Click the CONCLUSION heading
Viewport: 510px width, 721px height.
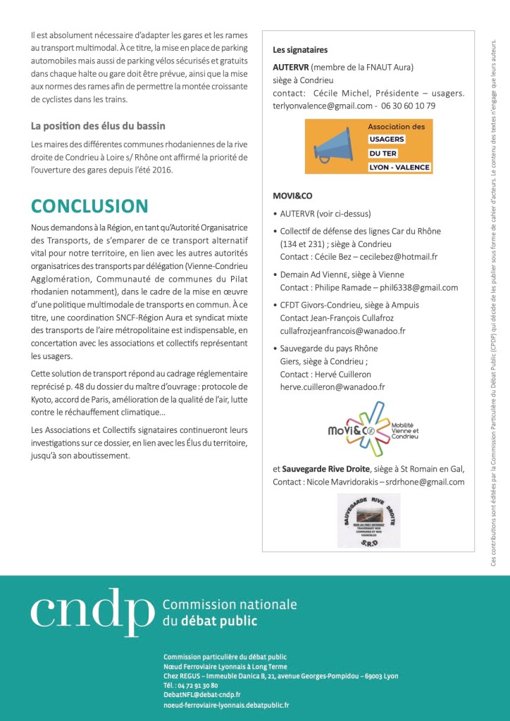(89, 206)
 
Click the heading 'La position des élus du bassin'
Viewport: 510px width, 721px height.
(98, 126)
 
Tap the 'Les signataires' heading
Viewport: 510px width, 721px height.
(300, 50)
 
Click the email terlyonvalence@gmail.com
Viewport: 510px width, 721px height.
(323, 106)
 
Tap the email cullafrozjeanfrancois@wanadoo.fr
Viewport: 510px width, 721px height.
(342, 331)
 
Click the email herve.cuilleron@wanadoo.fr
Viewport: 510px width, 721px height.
(329, 387)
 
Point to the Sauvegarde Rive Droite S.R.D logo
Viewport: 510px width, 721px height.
(369, 520)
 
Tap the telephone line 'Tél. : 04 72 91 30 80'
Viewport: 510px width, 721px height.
(190, 685)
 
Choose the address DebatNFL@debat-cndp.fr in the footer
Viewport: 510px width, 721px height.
(201, 694)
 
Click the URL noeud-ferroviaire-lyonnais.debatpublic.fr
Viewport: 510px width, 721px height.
(225, 704)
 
